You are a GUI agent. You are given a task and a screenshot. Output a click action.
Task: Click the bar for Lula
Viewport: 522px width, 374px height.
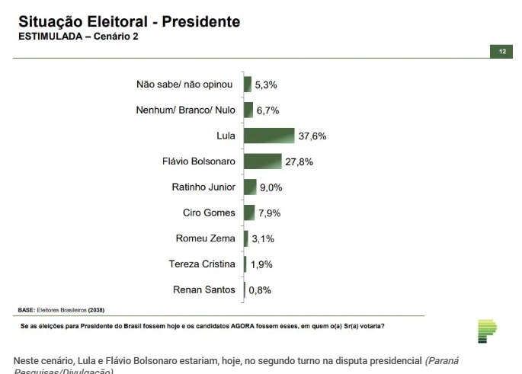coord(269,136)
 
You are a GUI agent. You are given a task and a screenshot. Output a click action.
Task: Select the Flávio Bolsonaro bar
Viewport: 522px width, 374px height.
coord(263,161)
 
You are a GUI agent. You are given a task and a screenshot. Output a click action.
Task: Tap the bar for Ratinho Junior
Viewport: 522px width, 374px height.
coord(250,187)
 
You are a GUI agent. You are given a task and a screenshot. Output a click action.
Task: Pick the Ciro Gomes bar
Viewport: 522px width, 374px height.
coord(249,213)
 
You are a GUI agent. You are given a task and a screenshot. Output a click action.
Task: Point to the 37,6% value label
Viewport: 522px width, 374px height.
coord(312,136)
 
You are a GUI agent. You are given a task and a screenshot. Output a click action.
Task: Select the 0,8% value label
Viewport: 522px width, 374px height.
coord(260,289)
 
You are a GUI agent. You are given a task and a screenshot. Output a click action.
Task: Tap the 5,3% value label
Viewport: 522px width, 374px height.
coord(267,85)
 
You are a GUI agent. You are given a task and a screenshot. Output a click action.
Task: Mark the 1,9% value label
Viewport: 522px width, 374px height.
coord(262,264)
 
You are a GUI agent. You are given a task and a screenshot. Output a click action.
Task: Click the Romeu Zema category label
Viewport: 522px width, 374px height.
coord(206,238)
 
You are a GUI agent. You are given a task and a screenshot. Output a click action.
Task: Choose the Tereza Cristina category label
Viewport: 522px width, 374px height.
coord(202,264)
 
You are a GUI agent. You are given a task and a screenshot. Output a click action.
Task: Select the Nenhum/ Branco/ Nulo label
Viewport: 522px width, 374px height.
coord(186,110)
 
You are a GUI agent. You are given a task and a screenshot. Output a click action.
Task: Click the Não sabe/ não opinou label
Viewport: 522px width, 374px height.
coord(184,85)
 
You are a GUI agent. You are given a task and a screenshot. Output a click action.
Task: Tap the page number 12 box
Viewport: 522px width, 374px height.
coord(502,51)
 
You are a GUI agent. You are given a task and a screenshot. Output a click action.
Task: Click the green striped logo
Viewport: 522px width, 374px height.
coord(486,331)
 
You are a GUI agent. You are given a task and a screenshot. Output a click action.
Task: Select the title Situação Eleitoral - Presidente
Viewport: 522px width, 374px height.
coord(129,22)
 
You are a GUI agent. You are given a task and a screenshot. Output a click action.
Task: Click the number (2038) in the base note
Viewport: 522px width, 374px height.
coord(97,310)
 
